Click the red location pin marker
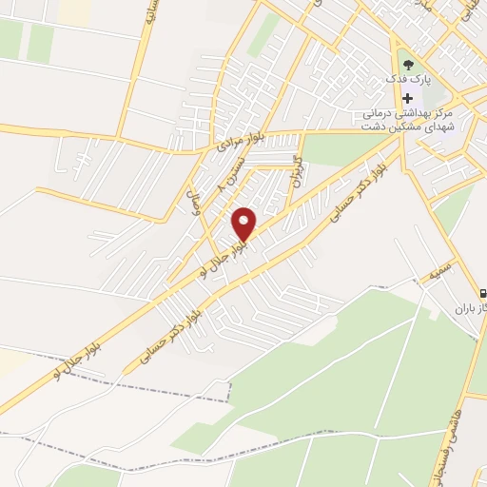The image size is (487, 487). point(245,224)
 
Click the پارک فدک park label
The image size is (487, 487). point(415,80)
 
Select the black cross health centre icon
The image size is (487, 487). point(408,98)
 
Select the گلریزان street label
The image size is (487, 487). point(296,171)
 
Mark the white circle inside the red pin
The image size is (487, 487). point(245,219)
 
